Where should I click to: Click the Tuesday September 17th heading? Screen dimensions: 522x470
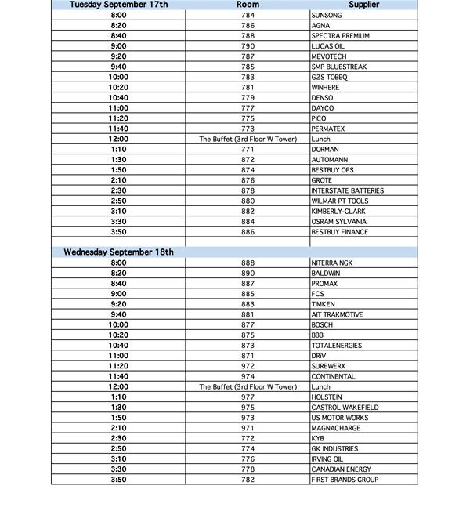point(119,5)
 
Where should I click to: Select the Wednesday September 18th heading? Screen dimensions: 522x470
point(119,252)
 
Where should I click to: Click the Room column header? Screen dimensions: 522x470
point(248,5)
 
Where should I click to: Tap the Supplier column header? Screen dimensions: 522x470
point(364,5)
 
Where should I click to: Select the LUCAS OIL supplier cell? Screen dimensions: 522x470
point(327,46)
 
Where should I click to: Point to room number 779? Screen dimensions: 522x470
point(248,98)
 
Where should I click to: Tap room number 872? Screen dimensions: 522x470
point(248,160)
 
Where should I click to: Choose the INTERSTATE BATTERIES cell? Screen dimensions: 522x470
point(347,190)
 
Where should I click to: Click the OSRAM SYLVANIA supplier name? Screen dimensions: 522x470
point(338,222)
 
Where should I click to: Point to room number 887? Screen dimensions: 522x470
point(248,284)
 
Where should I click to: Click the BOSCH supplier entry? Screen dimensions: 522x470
point(322,324)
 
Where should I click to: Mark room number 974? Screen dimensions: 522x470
point(248,376)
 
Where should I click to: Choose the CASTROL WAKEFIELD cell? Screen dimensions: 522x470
point(345,408)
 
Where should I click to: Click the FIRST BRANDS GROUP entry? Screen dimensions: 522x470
point(345,480)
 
